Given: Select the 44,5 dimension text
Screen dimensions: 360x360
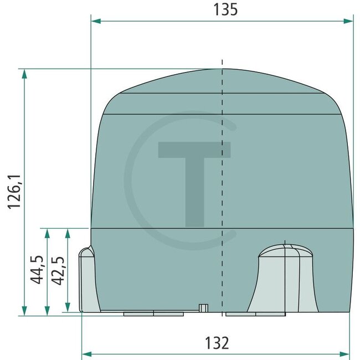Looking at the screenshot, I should [38, 270].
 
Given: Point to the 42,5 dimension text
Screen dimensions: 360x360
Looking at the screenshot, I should [58, 270].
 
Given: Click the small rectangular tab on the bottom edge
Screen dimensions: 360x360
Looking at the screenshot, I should [203, 307].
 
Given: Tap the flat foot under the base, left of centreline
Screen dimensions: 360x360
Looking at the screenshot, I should [153, 313].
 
